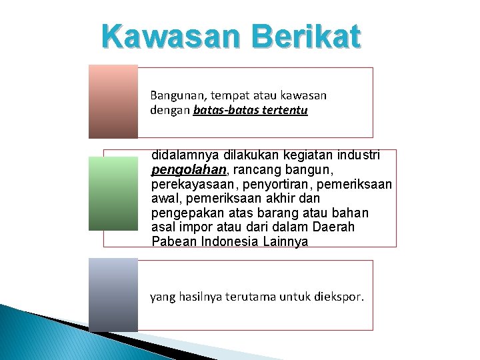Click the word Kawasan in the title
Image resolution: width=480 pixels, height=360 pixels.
pos(167,36)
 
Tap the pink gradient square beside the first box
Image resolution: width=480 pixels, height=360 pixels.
pos(113,101)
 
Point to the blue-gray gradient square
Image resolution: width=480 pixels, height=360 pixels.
pos(113,294)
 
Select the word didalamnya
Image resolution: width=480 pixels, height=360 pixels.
pos(184,155)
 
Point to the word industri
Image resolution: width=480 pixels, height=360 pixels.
pos(358,155)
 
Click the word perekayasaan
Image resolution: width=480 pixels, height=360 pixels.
pos(192,184)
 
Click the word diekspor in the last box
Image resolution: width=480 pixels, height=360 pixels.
pos(339,297)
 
